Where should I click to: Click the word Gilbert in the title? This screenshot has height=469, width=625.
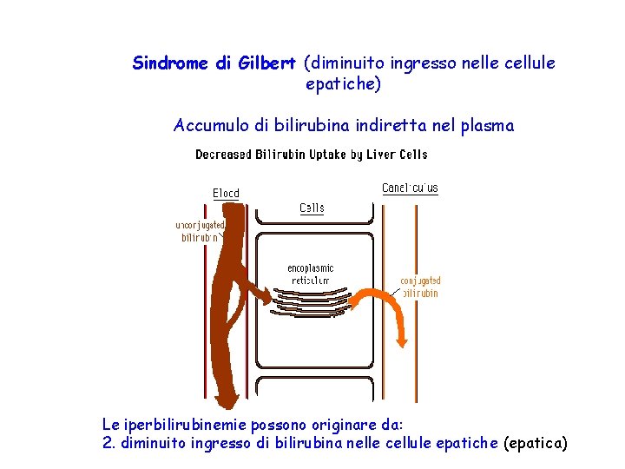[267, 63]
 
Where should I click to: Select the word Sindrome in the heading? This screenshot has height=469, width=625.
[170, 63]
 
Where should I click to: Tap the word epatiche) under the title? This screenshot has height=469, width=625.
[343, 85]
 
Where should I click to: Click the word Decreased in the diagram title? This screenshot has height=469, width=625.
[225, 155]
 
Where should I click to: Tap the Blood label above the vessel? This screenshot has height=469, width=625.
[226, 193]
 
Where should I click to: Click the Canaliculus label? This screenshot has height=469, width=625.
[410, 188]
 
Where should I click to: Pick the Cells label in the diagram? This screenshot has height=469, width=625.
[312, 208]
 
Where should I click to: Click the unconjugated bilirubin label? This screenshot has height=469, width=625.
[200, 230]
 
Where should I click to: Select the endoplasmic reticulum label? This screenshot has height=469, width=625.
[311, 274]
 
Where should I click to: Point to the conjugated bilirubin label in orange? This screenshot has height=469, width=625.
[420, 287]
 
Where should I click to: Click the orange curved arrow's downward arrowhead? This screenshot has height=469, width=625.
[401, 340]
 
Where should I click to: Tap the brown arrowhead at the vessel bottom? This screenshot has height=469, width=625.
[228, 399]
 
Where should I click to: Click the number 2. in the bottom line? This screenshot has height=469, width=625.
[109, 444]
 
